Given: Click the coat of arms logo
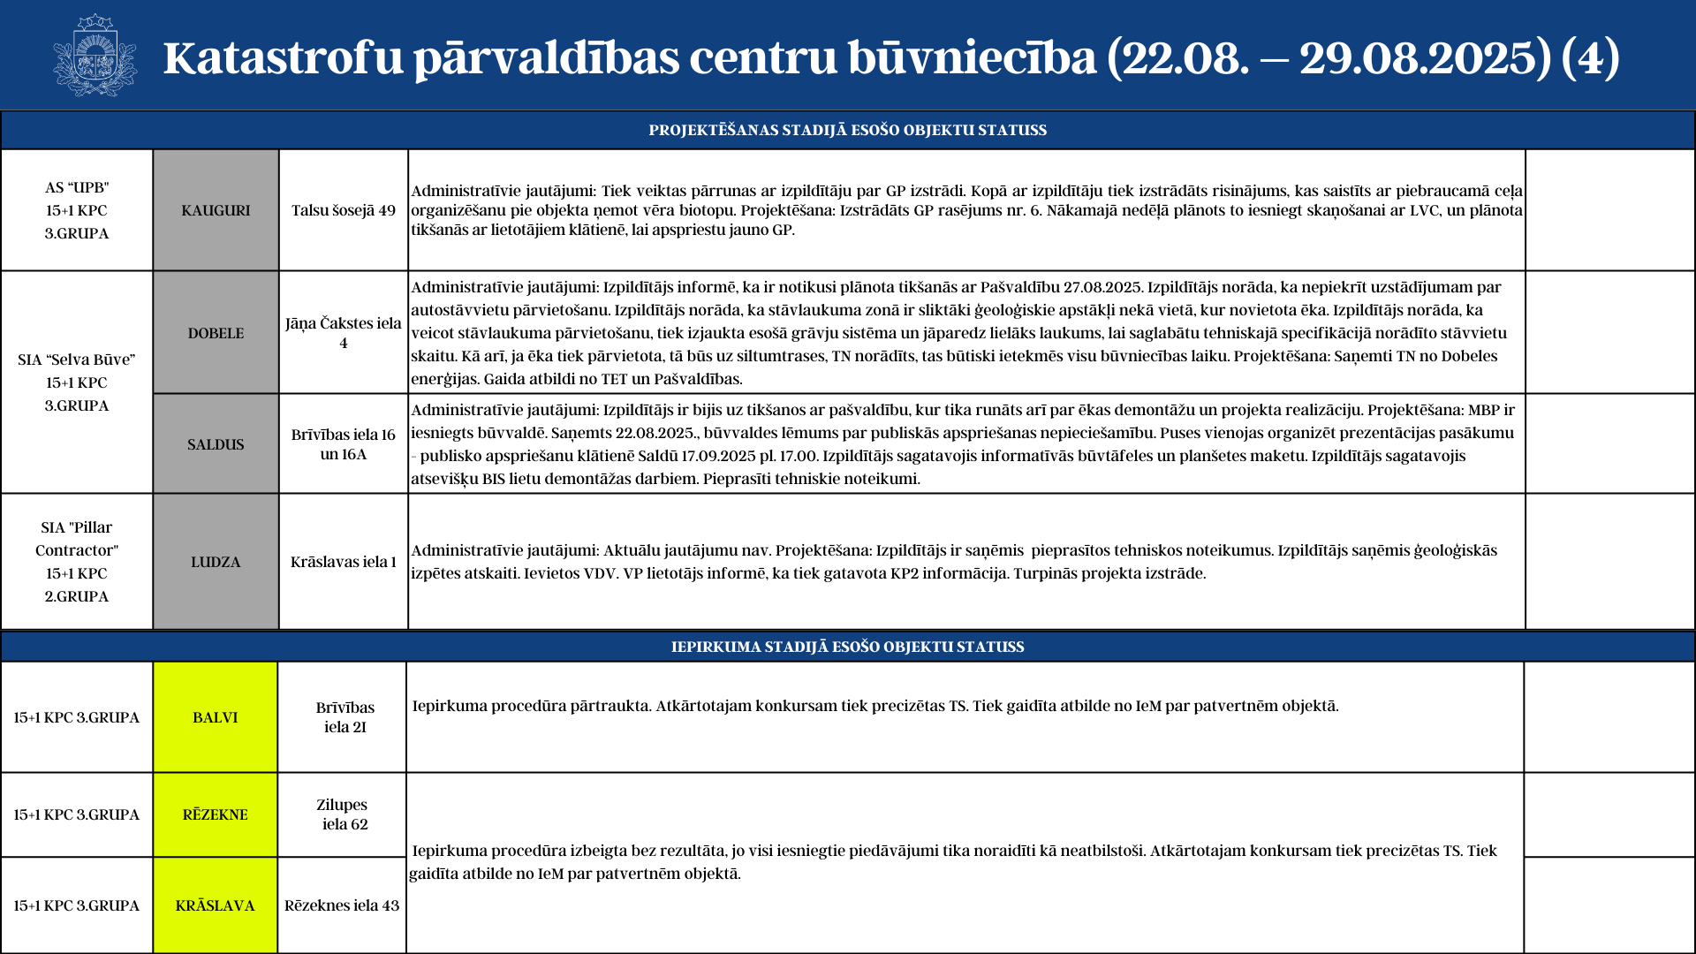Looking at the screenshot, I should (x=95, y=55).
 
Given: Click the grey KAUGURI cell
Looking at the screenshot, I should (x=216, y=210).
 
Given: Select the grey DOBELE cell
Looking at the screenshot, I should (x=216, y=333).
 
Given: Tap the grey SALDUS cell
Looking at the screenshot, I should (x=216, y=444).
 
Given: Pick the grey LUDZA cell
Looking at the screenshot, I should (x=216, y=562).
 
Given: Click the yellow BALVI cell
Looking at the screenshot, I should (x=216, y=717).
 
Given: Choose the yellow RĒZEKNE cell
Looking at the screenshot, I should (x=216, y=814).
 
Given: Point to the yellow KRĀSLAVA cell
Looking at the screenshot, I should (x=216, y=905).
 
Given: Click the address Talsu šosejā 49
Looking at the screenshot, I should (x=344, y=210).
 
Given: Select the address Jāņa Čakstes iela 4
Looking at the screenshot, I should (x=344, y=333).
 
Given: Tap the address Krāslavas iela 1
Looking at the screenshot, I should (x=344, y=562).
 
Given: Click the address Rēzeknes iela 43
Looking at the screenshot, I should (x=342, y=905).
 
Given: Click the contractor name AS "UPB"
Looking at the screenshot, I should (x=77, y=187).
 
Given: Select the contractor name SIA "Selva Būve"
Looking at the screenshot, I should (x=77, y=360).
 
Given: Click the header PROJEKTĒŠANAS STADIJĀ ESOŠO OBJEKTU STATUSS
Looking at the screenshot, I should (x=848, y=130).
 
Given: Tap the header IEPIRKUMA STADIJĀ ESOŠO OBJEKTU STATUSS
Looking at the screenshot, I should (x=848, y=647).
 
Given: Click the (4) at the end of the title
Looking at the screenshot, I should (x=1591, y=57).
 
